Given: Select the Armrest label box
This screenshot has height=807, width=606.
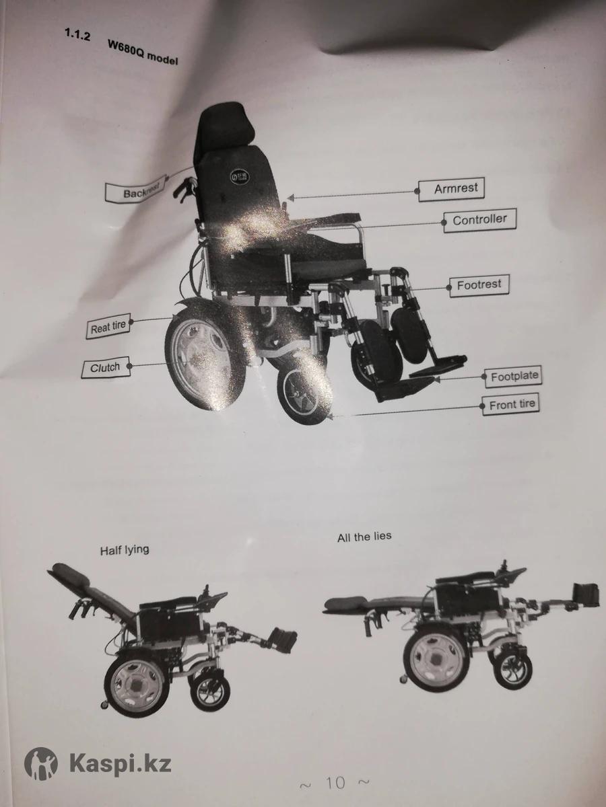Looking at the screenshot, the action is coord(451,190).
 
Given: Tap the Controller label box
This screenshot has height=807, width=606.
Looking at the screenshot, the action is coord(480,220).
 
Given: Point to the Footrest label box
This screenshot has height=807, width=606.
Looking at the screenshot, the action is coord(479,285).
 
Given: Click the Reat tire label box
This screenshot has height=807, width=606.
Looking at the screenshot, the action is coord(108,326).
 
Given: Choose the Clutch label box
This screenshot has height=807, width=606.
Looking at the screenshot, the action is coord(106,367).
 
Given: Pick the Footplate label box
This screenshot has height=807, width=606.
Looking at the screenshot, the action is coord(514,377).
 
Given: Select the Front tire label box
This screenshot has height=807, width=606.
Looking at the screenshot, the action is coord(511,405).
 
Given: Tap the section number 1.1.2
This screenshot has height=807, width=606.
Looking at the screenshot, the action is coord(77,35).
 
